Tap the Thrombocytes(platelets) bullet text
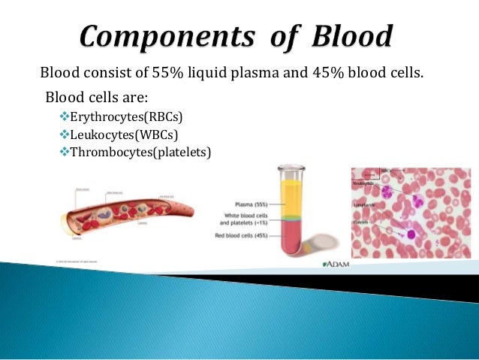(x=140, y=153)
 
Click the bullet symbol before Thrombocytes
(x=63, y=153)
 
